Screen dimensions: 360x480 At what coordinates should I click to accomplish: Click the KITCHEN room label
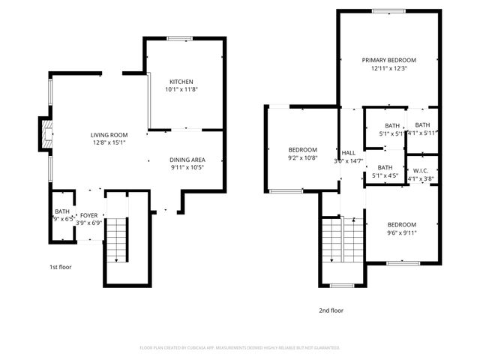click(181, 81)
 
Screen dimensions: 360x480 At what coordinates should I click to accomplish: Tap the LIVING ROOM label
click(108, 133)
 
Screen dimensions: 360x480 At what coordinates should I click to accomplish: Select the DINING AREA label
click(187, 160)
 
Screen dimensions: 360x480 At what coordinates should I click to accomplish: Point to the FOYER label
click(89, 215)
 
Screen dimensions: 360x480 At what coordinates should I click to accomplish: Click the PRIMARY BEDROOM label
click(388, 60)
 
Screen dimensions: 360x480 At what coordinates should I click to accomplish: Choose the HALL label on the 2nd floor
click(349, 152)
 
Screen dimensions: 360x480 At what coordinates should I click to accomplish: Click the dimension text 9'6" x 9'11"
click(402, 232)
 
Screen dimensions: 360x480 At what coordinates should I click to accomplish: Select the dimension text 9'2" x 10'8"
click(303, 158)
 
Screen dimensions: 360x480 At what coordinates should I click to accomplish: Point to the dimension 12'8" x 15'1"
click(108, 142)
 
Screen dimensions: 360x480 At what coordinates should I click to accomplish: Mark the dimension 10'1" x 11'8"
click(181, 89)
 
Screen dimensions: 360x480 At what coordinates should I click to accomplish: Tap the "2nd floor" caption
click(331, 310)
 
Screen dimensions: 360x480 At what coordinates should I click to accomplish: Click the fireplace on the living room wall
click(46, 133)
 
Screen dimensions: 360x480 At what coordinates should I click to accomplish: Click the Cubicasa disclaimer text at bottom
click(240, 347)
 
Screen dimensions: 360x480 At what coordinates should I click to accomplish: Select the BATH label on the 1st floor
click(61, 211)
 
